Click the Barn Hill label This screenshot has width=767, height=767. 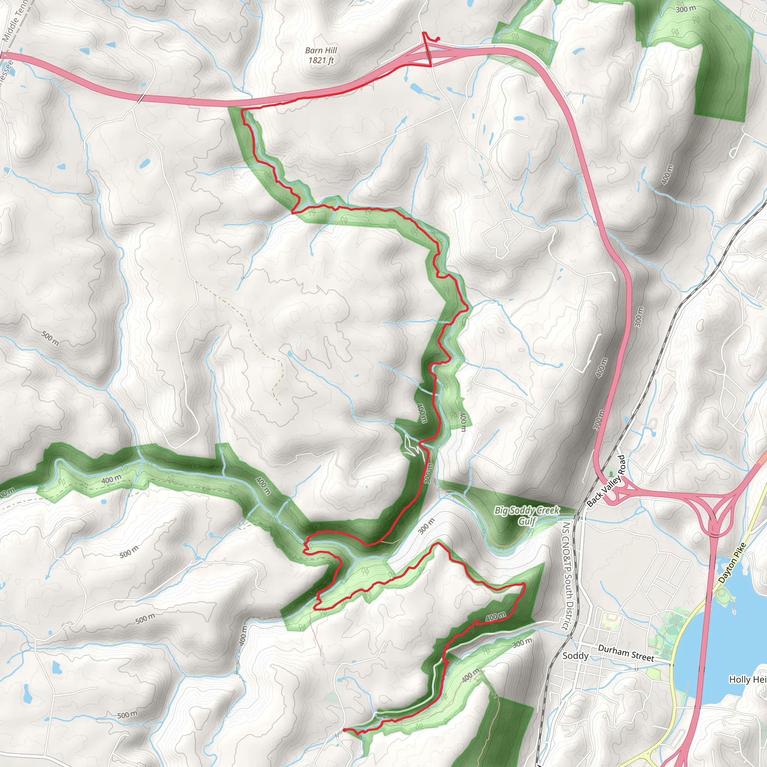click(x=321, y=51)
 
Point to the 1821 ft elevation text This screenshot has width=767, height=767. click(x=321, y=60)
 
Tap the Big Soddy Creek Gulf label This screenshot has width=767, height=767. click(x=527, y=516)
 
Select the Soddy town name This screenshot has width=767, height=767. click(x=575, y=655)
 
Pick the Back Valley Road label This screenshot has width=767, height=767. click(x=606, y=481)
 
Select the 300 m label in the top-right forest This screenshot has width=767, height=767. click(x=686, y=9)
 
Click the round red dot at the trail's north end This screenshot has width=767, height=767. click(x=438, y=39)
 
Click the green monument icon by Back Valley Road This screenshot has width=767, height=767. click(x=610, y=473)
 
